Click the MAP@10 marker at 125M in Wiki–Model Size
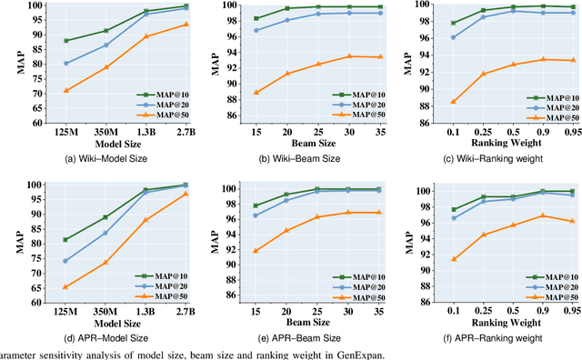(x=66, y=41)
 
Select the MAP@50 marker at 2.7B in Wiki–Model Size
(x=186, y=24)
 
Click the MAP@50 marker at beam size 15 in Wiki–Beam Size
(x=256, y=92)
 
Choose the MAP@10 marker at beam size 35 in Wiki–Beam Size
(x=379, y=6)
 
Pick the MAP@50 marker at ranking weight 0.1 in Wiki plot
(x=454, y=102)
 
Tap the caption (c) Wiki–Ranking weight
(x=513, y=159)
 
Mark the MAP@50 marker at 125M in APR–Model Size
(x=66, y=287)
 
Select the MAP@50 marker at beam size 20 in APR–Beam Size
(x=287, y=230)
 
